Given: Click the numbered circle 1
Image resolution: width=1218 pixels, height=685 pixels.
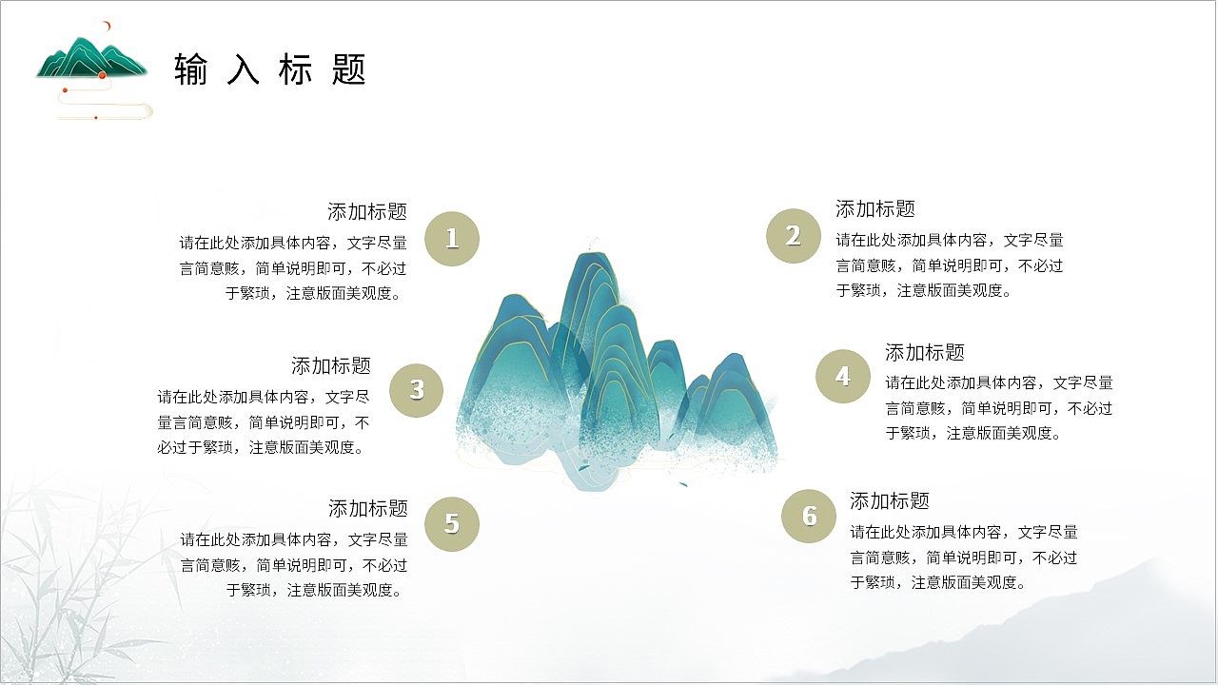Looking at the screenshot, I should [452, 238].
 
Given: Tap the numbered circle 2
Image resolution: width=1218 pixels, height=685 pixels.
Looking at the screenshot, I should [794, 235].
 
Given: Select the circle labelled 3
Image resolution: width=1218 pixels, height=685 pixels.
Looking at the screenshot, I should [417, 389].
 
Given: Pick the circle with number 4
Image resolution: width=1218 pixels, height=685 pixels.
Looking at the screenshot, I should [843, 377].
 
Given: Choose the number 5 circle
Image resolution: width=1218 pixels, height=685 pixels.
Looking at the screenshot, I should [452, 523].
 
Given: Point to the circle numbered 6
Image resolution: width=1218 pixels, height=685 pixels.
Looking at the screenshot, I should [809, 516].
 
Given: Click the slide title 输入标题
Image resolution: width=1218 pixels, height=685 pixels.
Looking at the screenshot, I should [270, 69].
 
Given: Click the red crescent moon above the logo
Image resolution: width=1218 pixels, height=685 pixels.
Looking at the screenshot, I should [109, 26].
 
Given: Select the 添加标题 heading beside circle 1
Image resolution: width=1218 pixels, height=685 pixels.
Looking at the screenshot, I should [367, 211].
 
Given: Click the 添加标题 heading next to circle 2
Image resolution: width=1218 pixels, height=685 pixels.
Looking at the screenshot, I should [875, 208].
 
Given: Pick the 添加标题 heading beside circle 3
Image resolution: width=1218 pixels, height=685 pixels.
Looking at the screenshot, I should [331, 365].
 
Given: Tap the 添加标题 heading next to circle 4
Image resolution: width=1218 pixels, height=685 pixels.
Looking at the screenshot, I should [925, 352].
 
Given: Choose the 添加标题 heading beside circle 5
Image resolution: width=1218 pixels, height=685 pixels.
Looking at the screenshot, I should [368, 508].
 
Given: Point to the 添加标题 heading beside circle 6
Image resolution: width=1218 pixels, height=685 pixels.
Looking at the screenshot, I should [890, 500].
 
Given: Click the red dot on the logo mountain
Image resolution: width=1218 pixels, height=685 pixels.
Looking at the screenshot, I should [102, 74].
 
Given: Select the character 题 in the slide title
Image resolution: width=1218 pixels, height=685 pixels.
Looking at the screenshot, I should [350, 69].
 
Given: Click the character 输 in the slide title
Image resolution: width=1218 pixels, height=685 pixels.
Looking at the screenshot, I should [191, 69].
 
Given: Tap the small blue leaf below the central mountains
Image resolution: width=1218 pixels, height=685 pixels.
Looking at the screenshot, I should [682, 484].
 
